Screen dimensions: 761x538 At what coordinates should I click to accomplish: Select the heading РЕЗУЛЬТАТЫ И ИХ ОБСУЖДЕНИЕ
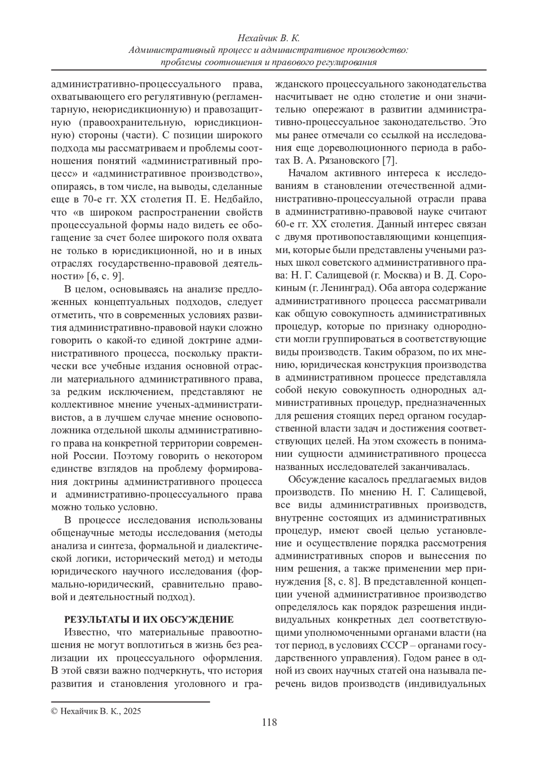pos(149,620)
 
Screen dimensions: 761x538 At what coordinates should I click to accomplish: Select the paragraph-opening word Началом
pos(309,174)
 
